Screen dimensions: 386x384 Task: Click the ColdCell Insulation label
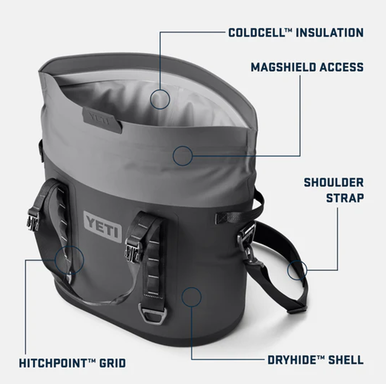296,33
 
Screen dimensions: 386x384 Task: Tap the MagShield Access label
307,67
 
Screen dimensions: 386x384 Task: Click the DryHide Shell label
316,360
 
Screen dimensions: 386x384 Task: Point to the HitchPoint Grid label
72,363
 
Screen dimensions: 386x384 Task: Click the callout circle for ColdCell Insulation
160,90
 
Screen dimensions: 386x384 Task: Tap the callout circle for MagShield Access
183,146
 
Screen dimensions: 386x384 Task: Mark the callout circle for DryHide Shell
192,287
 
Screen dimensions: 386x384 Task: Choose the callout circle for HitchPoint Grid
69,246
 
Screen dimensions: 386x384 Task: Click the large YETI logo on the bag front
103,226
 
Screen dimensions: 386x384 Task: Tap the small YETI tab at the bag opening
102,119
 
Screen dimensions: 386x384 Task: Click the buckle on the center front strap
132,250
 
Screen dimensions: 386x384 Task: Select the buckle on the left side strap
32,221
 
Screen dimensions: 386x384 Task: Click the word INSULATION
330,33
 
